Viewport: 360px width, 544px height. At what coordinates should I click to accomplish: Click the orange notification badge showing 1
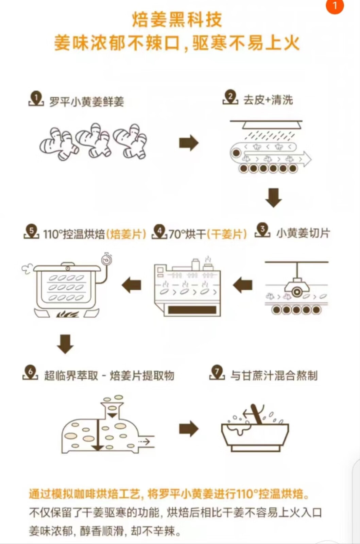pos(335,6)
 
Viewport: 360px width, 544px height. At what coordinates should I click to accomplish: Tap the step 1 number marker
pos(36,99)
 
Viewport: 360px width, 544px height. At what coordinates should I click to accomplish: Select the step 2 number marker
pos(230,97)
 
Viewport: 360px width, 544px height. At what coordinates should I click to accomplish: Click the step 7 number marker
pos(217,373)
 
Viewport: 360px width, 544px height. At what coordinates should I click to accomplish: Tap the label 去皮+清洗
pos(268,100)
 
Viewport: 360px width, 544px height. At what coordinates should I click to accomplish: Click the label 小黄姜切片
pos(303,233)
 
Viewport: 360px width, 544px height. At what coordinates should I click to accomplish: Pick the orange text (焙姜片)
pos(126,234)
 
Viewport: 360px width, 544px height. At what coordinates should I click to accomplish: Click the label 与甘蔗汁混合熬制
pos(274,376)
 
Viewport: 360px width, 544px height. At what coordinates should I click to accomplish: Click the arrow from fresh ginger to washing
pos(189,143)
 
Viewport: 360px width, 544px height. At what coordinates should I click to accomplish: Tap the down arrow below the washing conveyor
pos(273,198)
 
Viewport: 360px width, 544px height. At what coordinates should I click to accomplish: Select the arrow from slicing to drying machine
pos(243,285)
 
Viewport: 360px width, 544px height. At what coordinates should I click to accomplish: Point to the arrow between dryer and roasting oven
pos(132,285)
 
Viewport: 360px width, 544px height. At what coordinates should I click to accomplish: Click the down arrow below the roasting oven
pos(65,344)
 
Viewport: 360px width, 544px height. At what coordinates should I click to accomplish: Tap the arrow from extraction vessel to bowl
pos(189,429)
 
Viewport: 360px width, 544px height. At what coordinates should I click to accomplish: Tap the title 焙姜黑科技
pos(177,19)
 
